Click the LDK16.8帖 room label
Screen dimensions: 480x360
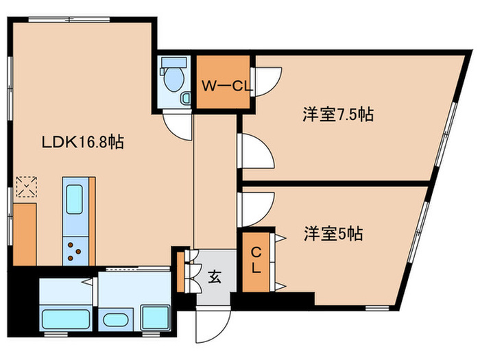[83, 143]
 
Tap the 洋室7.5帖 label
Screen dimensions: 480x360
[338, 115]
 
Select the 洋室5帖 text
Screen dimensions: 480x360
[333, 234]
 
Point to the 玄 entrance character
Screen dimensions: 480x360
[215, 277]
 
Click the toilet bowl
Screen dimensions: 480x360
[173, 79]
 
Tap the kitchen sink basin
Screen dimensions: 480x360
[74, 200]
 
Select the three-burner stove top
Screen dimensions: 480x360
[75, 251]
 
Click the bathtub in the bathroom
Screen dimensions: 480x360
[66, 320]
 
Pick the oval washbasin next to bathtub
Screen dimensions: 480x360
[115, 320]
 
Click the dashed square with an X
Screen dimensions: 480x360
[27, 187]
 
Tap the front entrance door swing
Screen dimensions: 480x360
[213, 324]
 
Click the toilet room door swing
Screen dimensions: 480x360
[178, 125]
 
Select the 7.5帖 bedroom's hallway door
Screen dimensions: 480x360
[256, 151]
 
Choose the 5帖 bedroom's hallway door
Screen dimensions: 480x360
[256, 210]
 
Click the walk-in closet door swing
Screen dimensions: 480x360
[266, 82]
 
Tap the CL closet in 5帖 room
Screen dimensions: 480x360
[256, 262]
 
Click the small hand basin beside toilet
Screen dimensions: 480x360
[186, 99]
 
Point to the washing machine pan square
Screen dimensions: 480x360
[155, 317]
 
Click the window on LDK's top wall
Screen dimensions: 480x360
[69, 20]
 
